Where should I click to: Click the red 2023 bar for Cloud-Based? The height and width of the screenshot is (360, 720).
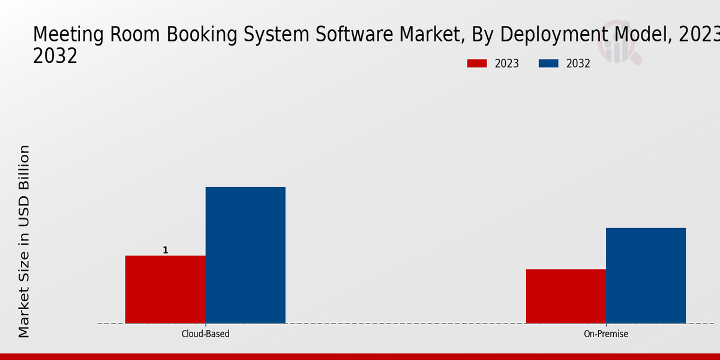[x=165, y=289]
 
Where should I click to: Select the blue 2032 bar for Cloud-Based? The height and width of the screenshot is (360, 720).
[x=245, y=255]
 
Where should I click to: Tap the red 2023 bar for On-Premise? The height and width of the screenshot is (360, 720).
[x=566, y=296]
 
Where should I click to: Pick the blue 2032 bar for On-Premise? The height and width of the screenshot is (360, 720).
[x=646, y=275]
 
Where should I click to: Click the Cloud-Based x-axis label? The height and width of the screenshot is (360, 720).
[x=205, y=334]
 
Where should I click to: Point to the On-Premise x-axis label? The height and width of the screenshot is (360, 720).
[x=606, y=334]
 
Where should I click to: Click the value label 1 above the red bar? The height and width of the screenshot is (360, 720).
[x=166, y=250]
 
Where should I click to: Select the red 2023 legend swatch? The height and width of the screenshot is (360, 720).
[x=477, y=64]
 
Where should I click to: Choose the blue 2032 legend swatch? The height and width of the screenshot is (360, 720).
[x=548, y=64]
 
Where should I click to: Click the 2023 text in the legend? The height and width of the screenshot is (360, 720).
[x=507, y=64]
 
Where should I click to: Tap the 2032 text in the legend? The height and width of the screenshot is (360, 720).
[x=578, y=64]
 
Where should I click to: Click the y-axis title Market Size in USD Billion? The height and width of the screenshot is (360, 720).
[x=24, y=241]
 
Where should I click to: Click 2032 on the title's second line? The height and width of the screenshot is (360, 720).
[x=55, y=56]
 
